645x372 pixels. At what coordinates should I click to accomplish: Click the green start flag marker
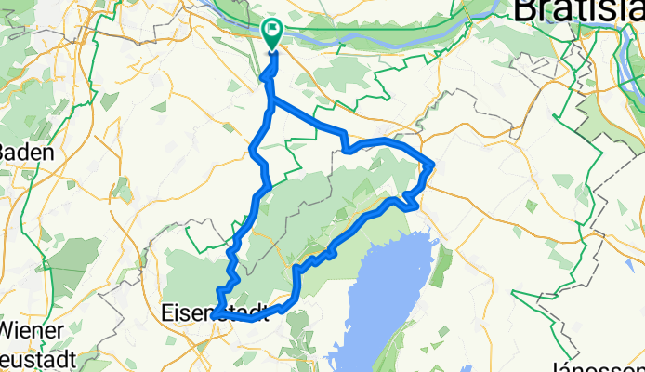[x=271, y=34]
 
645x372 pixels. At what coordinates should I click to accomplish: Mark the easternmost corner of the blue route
[x=434, y=166]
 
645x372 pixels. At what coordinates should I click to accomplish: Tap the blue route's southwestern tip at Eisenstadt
[x=214, y=316]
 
